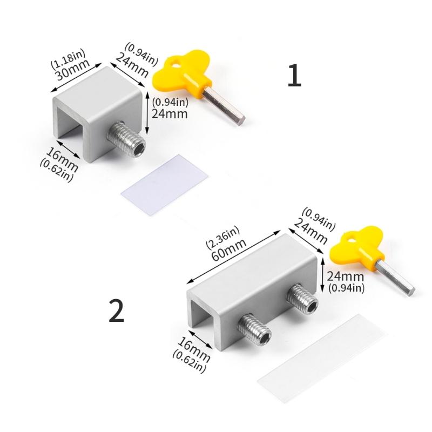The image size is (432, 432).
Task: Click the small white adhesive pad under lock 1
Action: (x=164, y=179)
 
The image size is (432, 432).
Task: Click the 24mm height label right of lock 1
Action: (x=170, y=113)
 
